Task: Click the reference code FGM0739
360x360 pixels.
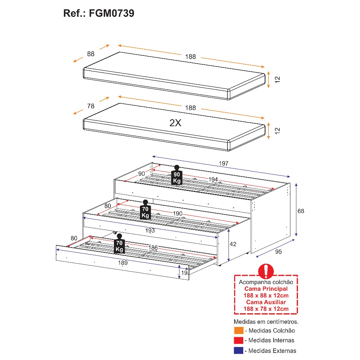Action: [x=111, y=13]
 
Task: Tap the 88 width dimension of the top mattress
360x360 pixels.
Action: [x=91, y=54]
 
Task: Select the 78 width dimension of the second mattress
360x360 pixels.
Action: [x=91, y=106]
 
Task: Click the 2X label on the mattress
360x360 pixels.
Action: [x=175, y=123]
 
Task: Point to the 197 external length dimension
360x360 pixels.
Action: [x=223, y=163]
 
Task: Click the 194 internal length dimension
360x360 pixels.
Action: [x=213, y=179]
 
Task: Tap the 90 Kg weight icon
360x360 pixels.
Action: [x=177, y=175]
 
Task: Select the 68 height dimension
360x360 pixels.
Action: [x=301, y=211]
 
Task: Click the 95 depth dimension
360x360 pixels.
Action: [x=278, y=252]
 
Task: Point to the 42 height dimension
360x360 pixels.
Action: [x=233, y=244]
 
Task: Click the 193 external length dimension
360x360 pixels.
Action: [x=150, y=230]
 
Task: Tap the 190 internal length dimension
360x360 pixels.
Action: [x=178, y=213]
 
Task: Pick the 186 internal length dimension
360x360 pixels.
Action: [x=153, y=248]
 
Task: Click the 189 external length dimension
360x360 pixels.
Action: [x=123, y=263]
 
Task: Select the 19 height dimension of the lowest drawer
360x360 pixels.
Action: [x=184, y=273]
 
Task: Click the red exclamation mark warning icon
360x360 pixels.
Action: [x=266, y=271]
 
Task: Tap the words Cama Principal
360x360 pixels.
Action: [x=266, y=289]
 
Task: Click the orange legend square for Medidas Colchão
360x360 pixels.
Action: [x=239, y=330]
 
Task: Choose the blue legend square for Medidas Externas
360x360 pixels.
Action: [x=239, y=351]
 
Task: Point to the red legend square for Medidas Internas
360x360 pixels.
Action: [x=239, y=340]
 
